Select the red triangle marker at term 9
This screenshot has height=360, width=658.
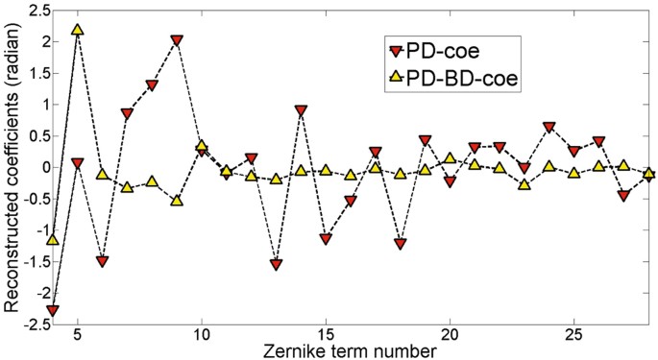tap(177, 40)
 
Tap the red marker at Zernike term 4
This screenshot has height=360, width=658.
tap(53, 310)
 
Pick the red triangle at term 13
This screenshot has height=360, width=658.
tap(276, 264)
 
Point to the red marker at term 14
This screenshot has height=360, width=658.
tap(301, 110)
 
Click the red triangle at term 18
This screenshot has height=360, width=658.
tap(401, 244)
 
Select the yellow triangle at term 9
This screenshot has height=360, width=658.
tap(177, 200)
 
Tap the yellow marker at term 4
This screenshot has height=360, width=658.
tap(53, 238)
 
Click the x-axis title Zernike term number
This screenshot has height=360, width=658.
tap(353, 351)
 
